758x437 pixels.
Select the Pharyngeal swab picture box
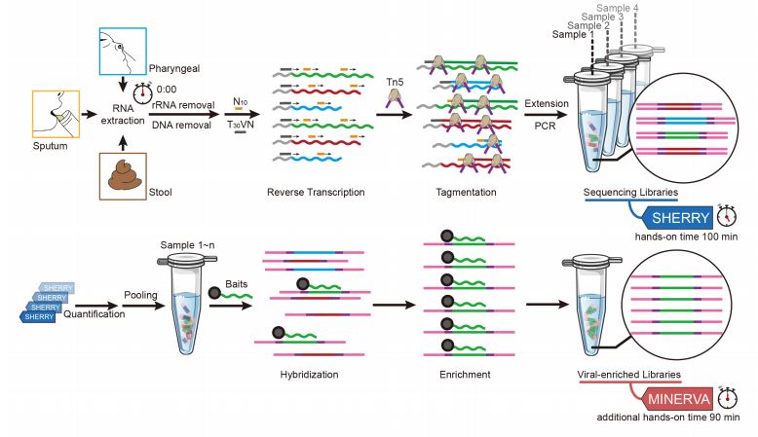point(121,54)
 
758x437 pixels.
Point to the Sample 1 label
point(573,35)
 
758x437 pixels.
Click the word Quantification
point(95,312)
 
